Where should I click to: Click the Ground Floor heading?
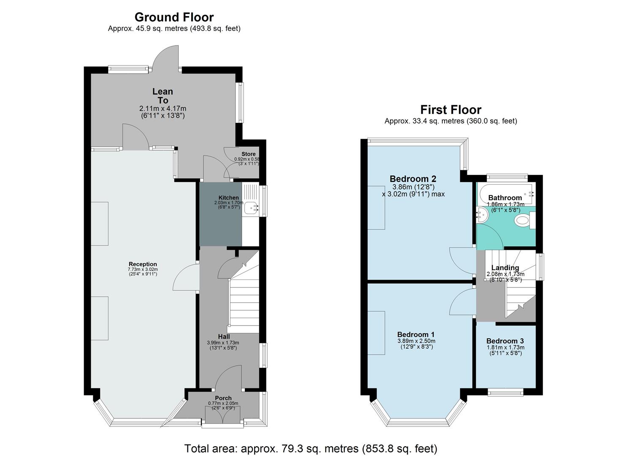(x=174, y=17)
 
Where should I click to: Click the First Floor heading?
(x=451, y=110)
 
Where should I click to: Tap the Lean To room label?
(x=163, y=96)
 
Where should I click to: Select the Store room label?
(x=248, y=154)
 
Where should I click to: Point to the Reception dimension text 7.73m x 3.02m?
(x=143, y=269)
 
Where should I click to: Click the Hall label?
(x=224, y=337)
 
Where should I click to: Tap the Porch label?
(x=223, y=398)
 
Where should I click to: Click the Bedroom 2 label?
(x=413, y=179)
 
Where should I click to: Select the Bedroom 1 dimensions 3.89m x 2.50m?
(x=416, y=341)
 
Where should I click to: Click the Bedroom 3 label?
(x=505, y=341)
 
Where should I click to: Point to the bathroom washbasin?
(x=482, y=216)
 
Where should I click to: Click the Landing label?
(x=505, y=268)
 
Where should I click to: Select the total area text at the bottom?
(x=311, y=448)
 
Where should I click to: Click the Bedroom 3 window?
(x=505, y=393)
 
